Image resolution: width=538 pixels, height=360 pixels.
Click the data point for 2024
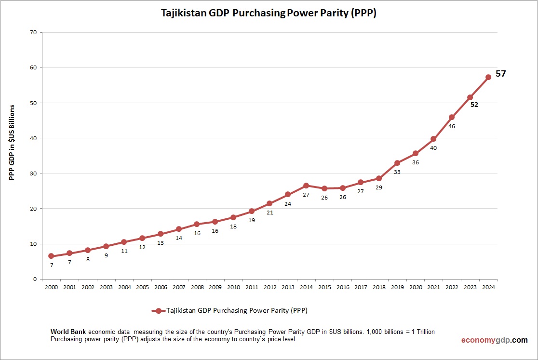(x=488, y=77)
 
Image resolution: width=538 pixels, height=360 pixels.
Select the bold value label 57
(x=500, y=74)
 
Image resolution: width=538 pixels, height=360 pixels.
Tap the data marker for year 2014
(x=306, y=186)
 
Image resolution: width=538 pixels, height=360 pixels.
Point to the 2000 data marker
(x=51, y=256)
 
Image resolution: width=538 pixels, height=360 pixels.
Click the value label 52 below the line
(x=474, y=105)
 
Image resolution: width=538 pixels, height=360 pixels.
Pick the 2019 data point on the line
(x=397, y=163)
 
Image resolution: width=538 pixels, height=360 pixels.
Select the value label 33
(x=397, y=172)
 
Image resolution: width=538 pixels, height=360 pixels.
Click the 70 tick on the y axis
(x=33, y=33)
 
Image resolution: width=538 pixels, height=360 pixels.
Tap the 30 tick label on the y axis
(x=33, y=173)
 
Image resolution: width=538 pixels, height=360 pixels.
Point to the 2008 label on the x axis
(x=197, y=287)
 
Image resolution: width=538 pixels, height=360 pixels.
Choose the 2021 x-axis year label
(x=433, y=287)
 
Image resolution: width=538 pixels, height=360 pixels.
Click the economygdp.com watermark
(x=494, y=340)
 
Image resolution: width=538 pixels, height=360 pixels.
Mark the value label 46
(x=452, y=126)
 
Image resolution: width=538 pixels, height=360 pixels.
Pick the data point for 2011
(x=252, y=211)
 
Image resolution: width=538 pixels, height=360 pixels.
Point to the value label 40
(x=433, y=148)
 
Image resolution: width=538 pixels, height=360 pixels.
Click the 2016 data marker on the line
(x=342, y=188)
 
